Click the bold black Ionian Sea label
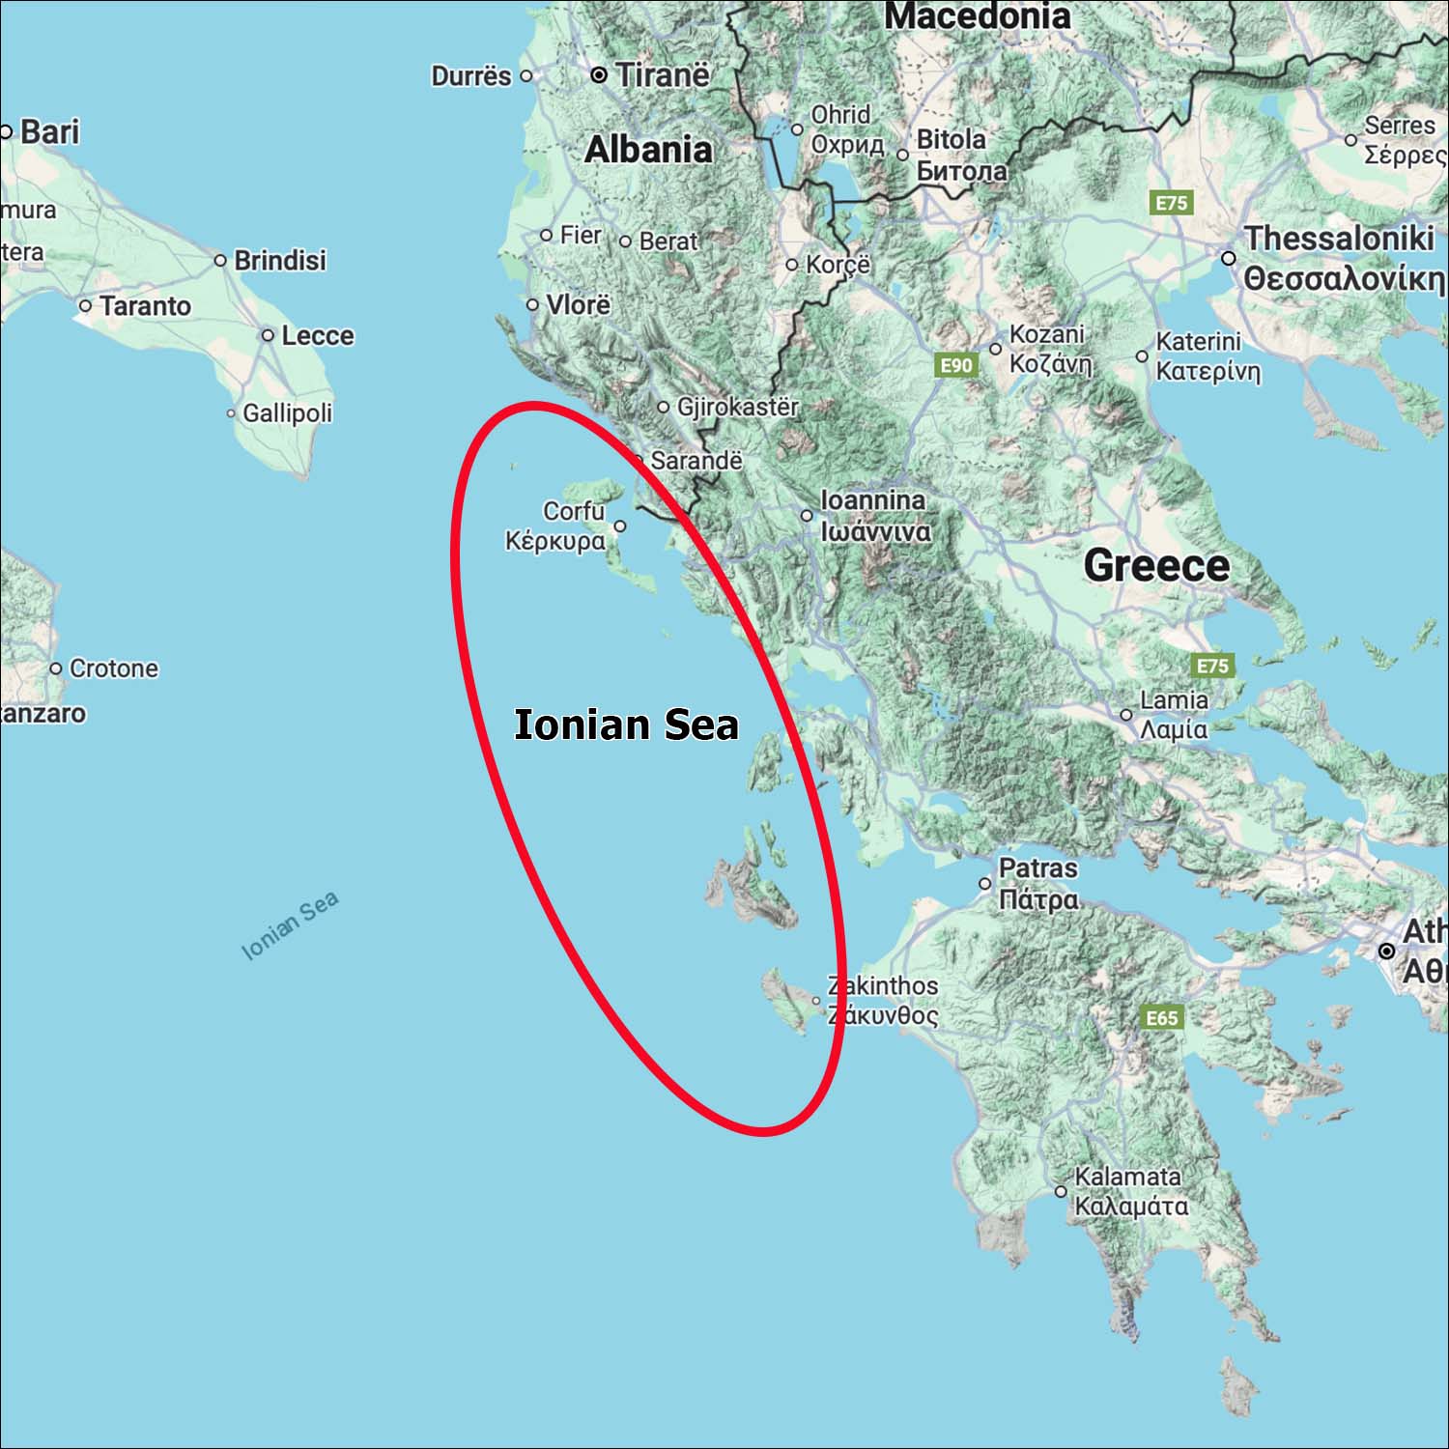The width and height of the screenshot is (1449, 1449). (x=626, y=724)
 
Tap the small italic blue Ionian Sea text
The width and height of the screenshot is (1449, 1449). (x=290, y=925)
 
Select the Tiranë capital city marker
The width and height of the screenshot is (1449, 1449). (x=599, y=74)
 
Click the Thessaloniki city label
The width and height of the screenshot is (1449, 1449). (x=1339, y=238)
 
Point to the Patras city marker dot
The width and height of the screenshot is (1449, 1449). (x=985, y=883)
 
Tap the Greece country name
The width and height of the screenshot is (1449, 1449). (x=1156, y=565)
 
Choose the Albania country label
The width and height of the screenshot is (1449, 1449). (x=648, y=149)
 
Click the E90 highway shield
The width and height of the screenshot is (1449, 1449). (x=956, y=365)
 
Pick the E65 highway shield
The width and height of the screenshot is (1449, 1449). (x=1162, y=1017)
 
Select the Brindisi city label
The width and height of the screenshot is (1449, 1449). (x=280, y=260)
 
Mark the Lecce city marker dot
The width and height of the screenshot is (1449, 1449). (x=268, y=335)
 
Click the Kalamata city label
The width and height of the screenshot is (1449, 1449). (x=1127, y=1177)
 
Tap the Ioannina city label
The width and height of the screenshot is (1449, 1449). (x=873, y=500)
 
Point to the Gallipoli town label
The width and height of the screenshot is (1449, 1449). (x=287, y=413)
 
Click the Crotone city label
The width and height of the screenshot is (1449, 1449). (x=114, y=668)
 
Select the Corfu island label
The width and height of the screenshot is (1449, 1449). (x=573, y=511)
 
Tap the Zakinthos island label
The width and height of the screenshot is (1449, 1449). (x=883, y=985)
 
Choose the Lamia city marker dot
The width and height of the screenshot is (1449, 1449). (x=1126, y=715)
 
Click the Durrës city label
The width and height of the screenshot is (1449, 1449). (x=470, y=75)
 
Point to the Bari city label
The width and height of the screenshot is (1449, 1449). (x=49, y=131)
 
